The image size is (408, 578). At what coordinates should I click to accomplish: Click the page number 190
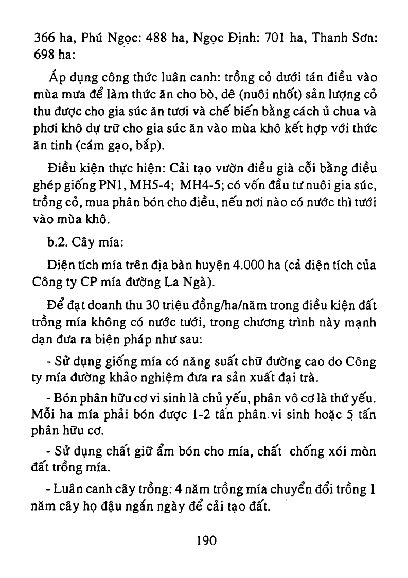(x=206, y=541)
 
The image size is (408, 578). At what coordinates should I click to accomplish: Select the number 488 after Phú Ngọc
(x=158, y=38)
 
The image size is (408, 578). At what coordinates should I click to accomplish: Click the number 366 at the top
(x=44, y=38)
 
